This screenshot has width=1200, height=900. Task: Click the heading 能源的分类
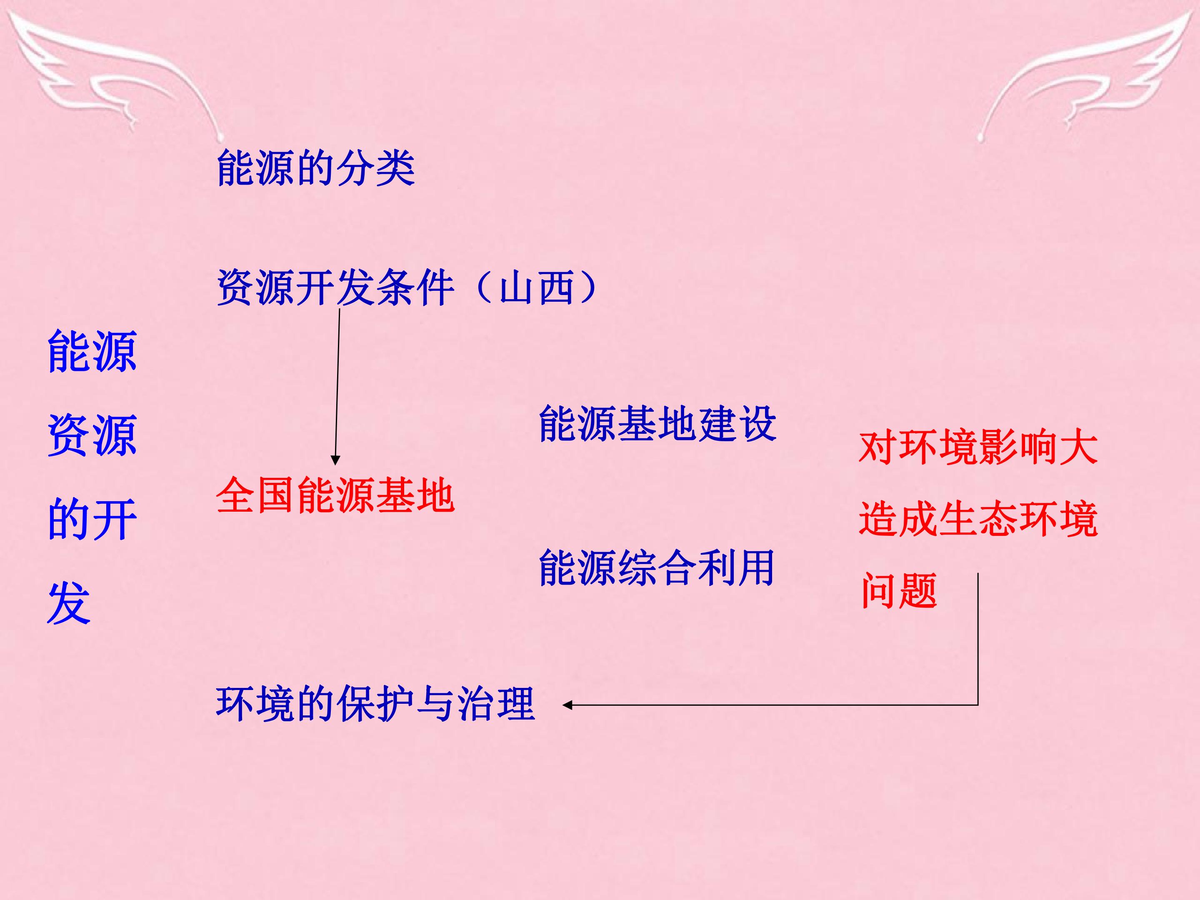click(316, 168)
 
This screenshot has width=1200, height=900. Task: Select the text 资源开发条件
click(335, 287)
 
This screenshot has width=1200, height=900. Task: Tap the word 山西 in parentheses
click(537, 287)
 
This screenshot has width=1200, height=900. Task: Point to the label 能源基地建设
click(657, 424)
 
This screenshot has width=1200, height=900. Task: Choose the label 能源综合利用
click(656, 568)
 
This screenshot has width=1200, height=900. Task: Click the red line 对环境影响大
click(978, 447)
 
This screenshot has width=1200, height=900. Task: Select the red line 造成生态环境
click(978, 519)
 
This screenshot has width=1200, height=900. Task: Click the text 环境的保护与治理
click(375, 704)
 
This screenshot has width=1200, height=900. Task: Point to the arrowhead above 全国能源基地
click(335, 460)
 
